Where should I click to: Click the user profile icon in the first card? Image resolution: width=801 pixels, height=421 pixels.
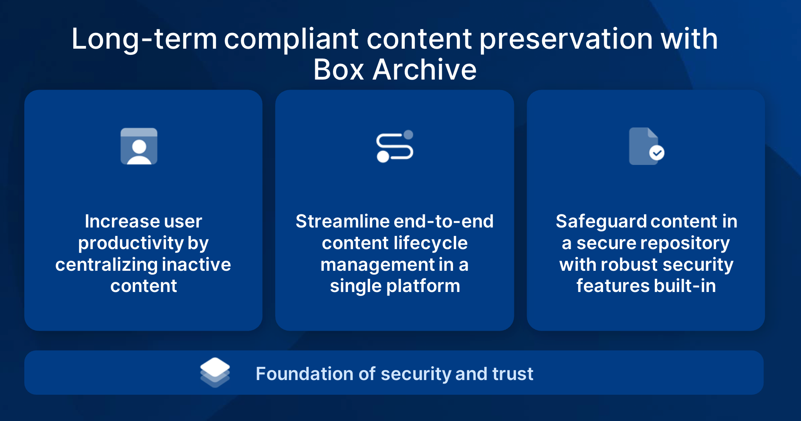point(139,146)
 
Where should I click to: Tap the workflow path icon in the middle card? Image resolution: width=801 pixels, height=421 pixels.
point(395,146)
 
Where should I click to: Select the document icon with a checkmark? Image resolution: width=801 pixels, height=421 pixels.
point(646,146)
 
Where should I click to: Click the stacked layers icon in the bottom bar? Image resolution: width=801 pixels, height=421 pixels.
point(215,372)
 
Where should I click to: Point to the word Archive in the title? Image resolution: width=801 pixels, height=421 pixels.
point(424,70)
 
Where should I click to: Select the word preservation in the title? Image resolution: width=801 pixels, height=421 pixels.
point(566,39)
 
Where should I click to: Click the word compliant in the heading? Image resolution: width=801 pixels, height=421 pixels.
point(292,39)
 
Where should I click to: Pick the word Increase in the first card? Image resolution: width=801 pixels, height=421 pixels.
point(122,221)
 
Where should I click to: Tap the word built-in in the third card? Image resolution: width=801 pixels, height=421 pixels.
point(685,286)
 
